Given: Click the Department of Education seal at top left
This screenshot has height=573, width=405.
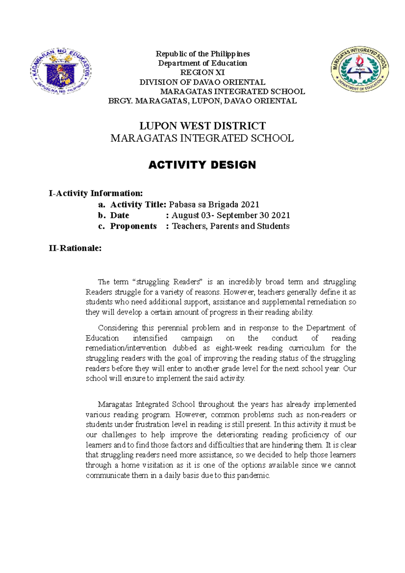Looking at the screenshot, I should (x=61, y=71).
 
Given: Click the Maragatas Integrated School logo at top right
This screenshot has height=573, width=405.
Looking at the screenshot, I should (x=360, y=69).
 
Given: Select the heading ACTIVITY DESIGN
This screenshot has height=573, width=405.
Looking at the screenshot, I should (x=202, y=165).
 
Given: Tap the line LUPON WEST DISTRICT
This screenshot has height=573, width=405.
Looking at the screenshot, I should (x=202, y=126).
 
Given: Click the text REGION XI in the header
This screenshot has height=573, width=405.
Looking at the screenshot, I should (x=202, y=73).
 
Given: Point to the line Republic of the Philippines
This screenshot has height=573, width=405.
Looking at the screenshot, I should (x=202, y=54).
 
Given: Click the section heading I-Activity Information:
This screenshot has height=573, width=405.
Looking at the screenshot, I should (x=96, y=193).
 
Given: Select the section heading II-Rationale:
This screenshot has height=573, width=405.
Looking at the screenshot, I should (x=75, y=248).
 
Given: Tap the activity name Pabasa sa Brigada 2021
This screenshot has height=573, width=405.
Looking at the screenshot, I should (x=214, y=204).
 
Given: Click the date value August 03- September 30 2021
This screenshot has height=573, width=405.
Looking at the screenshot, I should (x=231, y=215).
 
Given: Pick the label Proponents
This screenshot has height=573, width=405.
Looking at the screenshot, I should (x=133, y=226).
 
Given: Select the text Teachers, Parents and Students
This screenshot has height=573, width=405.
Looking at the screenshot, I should (x=231, y=226).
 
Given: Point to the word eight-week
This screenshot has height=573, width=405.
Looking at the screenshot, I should (x=234, y=348).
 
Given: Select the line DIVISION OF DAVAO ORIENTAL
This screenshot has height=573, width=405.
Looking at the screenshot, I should (x=202, y=82).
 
